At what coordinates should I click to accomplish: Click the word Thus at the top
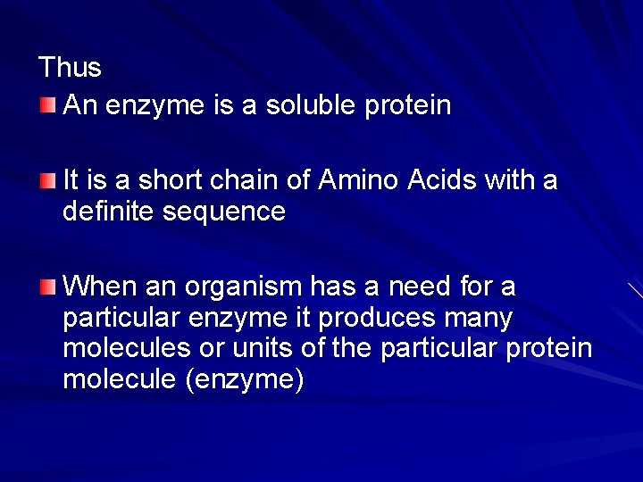click(x=71, y=68)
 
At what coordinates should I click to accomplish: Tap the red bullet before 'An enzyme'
click(x=48, y=107)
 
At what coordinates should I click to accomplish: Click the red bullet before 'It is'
click(x=48, y=181)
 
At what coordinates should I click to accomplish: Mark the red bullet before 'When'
click(x=48, y=287)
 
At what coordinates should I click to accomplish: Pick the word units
click(x=269, y=348)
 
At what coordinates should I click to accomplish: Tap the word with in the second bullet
click(x=510, y=181)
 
